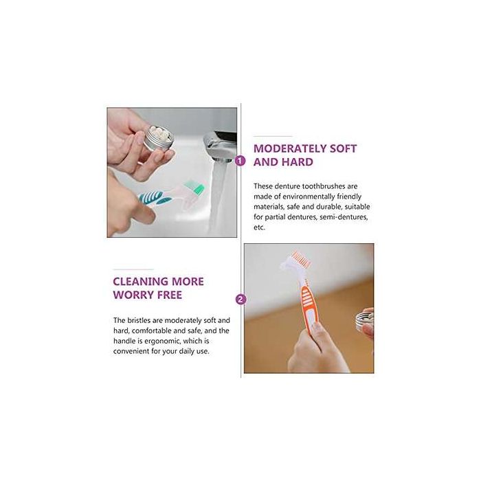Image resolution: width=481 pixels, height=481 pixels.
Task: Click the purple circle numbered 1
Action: tap(240, 160)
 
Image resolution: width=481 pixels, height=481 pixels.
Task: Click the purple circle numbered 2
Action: tap(240, 300)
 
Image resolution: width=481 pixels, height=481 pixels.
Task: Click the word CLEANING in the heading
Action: tap(139, 282)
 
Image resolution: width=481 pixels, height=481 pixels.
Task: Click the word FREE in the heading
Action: tap(170, 295)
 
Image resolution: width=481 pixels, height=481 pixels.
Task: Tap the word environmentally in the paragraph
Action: tap(309, 197)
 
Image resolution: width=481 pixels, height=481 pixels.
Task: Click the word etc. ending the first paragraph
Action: tap(259, 227)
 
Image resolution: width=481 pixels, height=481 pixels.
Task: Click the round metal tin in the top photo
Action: tap(158, 139)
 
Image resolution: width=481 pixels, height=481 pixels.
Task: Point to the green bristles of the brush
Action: tap(194, 188)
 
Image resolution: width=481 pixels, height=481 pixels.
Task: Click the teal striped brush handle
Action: tap(155, 198)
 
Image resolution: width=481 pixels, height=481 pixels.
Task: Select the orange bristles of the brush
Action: tap(298, 257)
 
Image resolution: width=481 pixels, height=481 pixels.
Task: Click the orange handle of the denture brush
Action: tap(308, 307)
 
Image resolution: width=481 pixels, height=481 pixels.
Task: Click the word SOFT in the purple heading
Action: tap(343, 148)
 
